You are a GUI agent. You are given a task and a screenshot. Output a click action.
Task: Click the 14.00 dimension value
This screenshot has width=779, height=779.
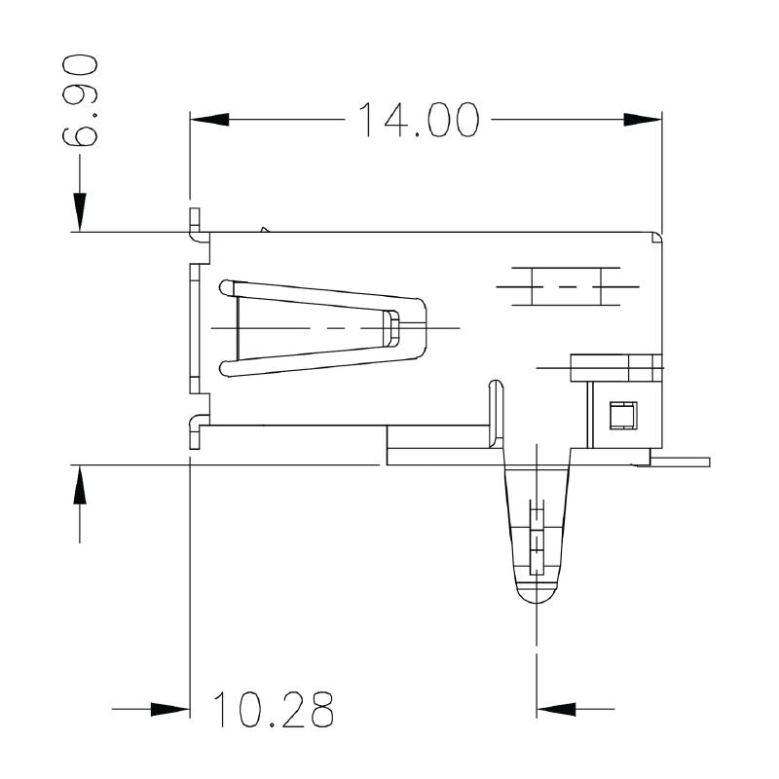[419, 119]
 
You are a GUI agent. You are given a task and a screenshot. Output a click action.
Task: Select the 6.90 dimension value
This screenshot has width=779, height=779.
[80, 101]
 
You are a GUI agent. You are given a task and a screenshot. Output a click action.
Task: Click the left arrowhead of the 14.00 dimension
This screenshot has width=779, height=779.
[208, 119]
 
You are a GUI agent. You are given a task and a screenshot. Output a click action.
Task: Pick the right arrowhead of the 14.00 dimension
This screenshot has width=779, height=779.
[642, 119]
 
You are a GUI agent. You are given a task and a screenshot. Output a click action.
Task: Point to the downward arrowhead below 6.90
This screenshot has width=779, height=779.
[80, 213]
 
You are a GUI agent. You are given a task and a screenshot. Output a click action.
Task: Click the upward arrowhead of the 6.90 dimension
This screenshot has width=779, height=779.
[80, 484]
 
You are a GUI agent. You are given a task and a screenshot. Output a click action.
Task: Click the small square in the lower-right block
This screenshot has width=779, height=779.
[620, 416]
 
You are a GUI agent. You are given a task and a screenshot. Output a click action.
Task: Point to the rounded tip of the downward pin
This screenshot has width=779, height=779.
[535, 595]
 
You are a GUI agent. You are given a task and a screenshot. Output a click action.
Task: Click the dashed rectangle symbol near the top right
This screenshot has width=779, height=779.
[557, 285]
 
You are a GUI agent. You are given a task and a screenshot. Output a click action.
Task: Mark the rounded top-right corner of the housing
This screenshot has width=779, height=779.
[656, 237]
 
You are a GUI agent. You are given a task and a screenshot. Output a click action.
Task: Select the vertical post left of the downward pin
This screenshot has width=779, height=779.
[496, 414]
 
